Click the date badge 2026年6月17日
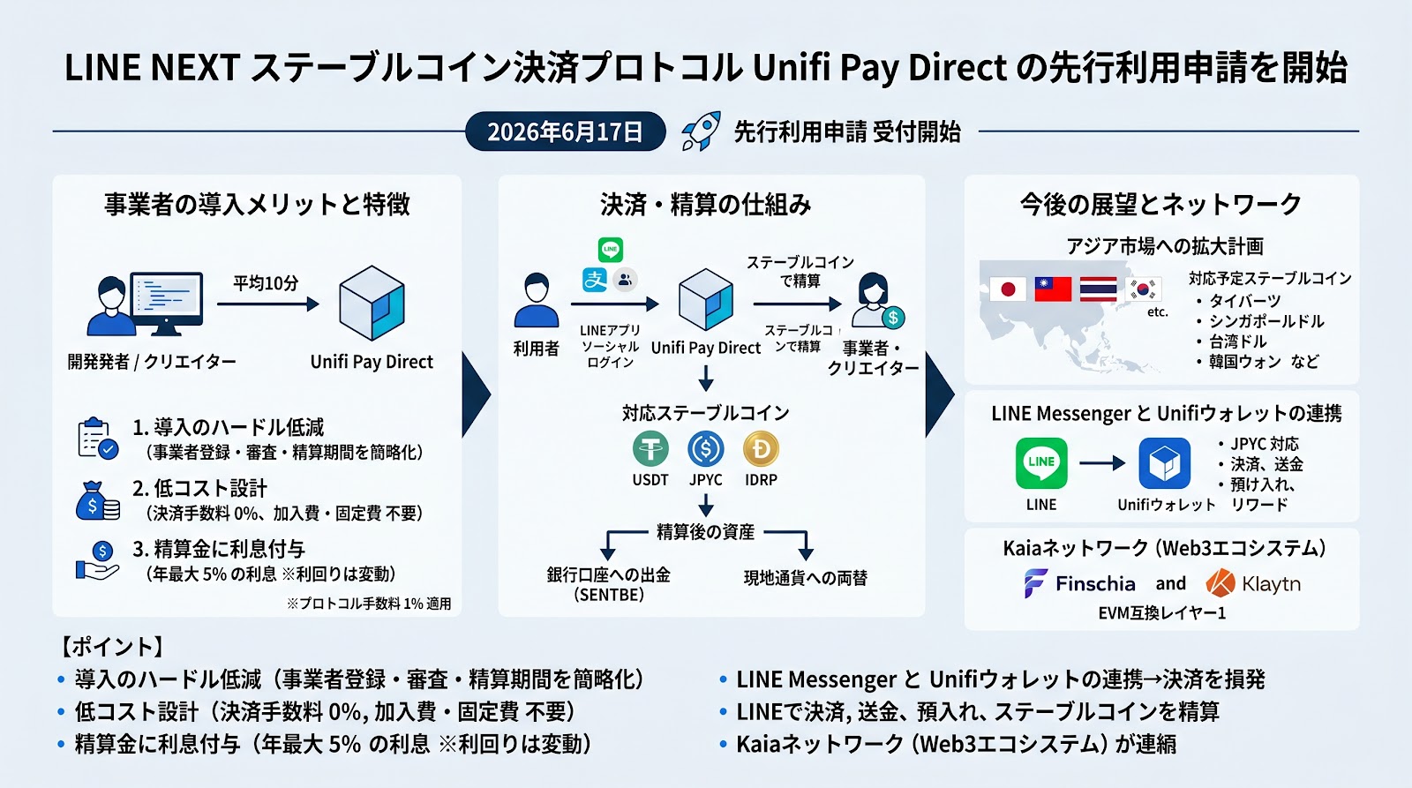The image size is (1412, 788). [566, 131]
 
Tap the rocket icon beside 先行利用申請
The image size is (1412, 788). [701, 131]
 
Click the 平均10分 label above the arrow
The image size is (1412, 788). [266, 283]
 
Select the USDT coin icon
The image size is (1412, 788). [650, 449]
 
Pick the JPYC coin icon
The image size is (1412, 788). [706, 449]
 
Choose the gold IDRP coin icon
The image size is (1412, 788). [761, 449]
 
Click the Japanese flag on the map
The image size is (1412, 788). [1008, 289]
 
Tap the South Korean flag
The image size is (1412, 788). [1143, 289]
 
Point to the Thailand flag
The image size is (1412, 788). [1098, 289]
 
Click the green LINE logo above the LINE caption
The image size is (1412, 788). [1041, 463]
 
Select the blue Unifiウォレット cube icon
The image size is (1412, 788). [1164, 463]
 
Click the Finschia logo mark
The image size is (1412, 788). [1036, 583]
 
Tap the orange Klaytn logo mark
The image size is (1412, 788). [1220, 583]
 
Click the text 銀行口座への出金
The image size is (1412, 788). [608, 575]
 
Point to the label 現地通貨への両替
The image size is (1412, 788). [806, 578]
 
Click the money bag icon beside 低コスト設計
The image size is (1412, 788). [98, 501]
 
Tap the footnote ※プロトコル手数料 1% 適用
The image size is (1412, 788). [369, 604]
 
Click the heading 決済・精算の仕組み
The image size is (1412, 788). [705, 205]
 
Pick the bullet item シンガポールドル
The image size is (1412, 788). [1266, 321]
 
